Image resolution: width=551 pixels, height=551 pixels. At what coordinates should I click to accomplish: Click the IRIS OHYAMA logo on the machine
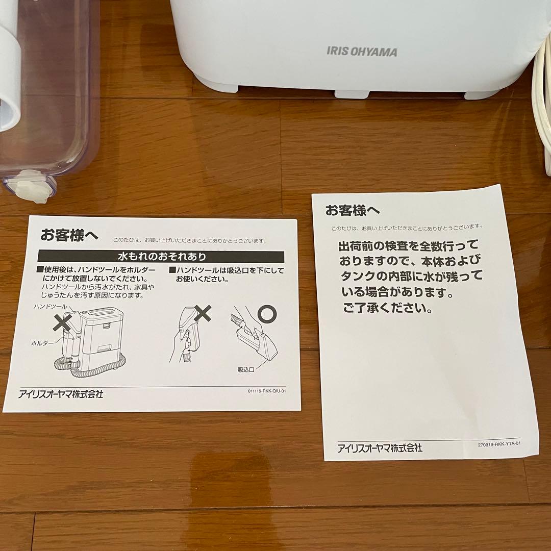(362, 52)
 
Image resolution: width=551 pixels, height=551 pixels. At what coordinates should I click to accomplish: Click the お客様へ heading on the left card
(69, 235)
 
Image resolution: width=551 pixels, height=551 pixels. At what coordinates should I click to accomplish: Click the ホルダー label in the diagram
(42, 343)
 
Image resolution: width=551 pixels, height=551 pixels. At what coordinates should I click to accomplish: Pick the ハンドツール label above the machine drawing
(51, 306)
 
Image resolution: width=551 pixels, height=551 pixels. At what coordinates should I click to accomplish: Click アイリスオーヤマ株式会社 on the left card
(61, 394)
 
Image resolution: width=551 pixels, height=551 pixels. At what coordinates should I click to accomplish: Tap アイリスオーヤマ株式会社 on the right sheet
(380, 448)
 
